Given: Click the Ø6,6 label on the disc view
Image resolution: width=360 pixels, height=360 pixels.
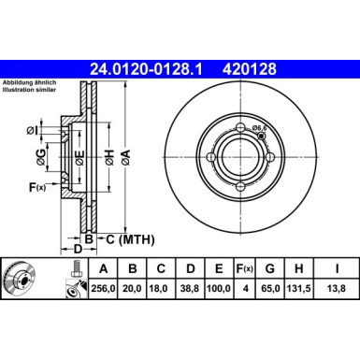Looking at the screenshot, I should tap(262, 129).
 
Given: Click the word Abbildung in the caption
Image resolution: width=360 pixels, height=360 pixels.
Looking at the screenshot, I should tap(23, 82).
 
